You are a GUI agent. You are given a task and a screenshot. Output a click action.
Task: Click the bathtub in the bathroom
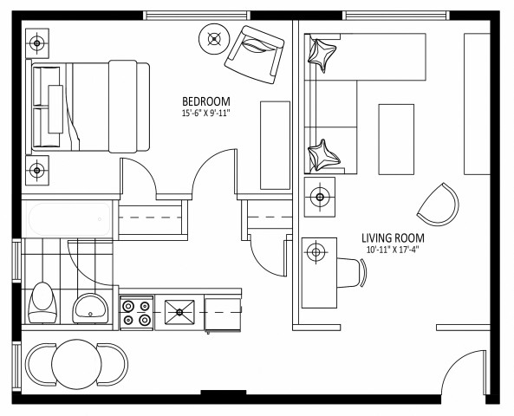[68, 218]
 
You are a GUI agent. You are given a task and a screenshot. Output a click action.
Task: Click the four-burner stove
[136, 312]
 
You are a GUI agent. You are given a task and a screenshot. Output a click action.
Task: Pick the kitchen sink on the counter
[180, 310]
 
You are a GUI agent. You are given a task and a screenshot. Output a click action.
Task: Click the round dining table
[78, 364]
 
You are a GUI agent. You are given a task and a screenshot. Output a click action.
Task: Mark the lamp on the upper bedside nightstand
[38, 41]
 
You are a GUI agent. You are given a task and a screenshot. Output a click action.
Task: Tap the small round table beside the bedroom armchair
[214, 37]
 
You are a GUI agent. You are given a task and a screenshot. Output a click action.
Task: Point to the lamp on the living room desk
[316, 252]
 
